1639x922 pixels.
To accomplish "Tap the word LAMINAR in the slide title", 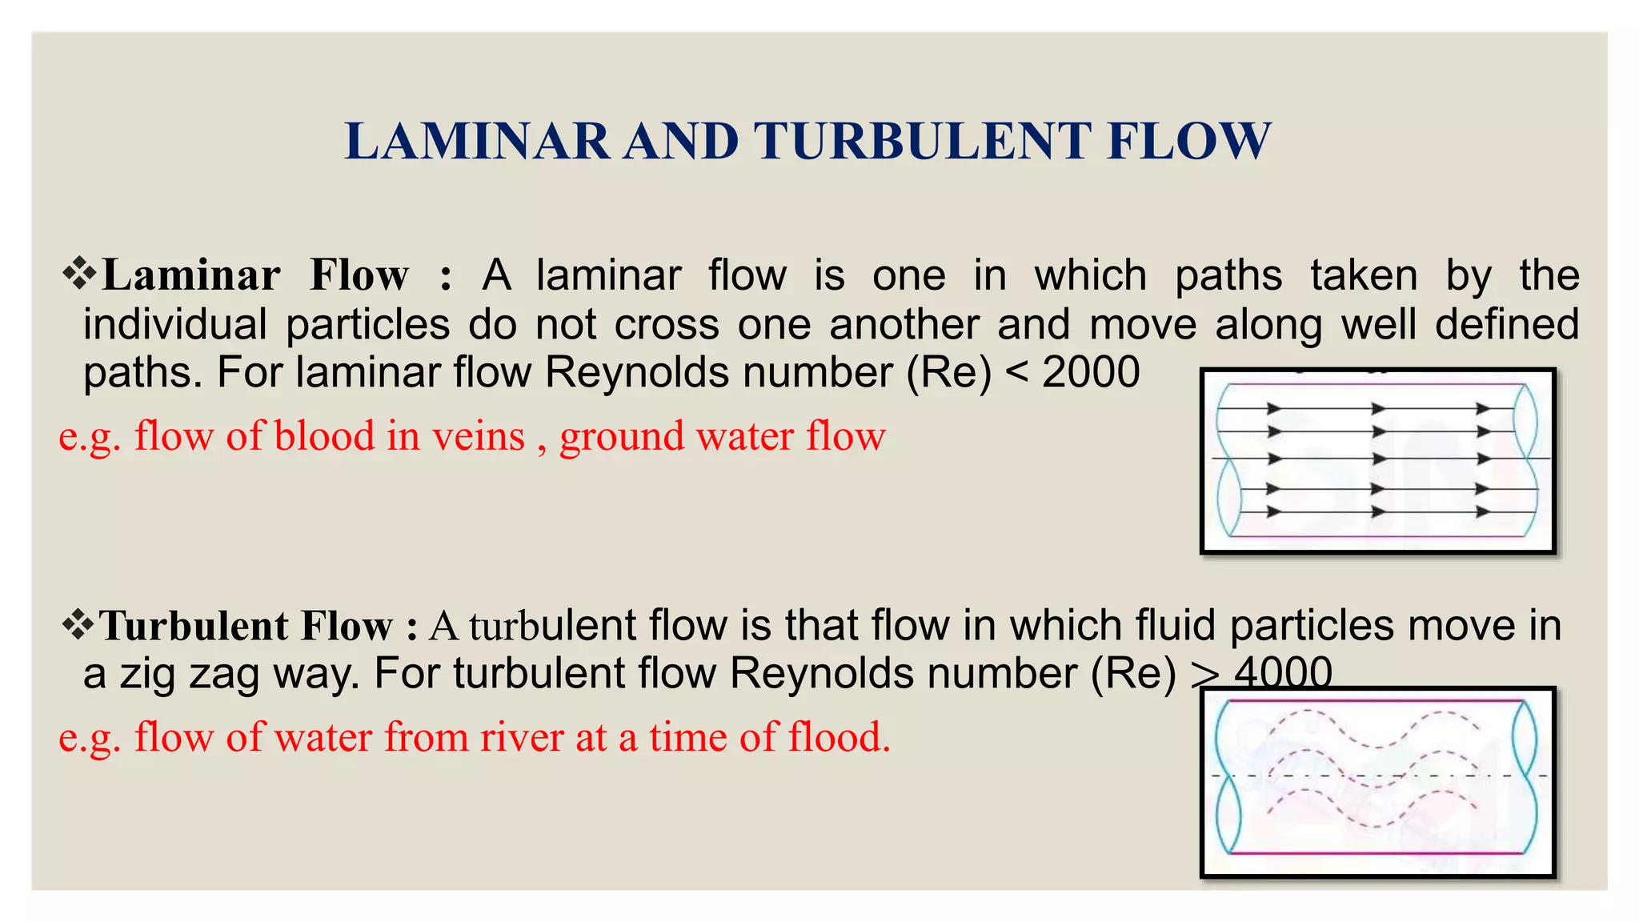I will pos(477,142).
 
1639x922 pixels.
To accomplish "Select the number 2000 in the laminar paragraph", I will pos(1091,372).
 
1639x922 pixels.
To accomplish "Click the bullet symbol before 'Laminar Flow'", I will pos(79,274).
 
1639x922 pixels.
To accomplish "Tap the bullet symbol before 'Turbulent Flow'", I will pos(78,624).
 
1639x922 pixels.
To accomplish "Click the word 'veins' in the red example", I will pos(479,436).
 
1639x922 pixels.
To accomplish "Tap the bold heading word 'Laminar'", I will pos(191,275).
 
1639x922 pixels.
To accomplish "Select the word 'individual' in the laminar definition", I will pos(174,324).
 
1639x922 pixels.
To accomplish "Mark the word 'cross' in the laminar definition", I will pos(667,324).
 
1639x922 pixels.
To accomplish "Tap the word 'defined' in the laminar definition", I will pos(1506,324).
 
